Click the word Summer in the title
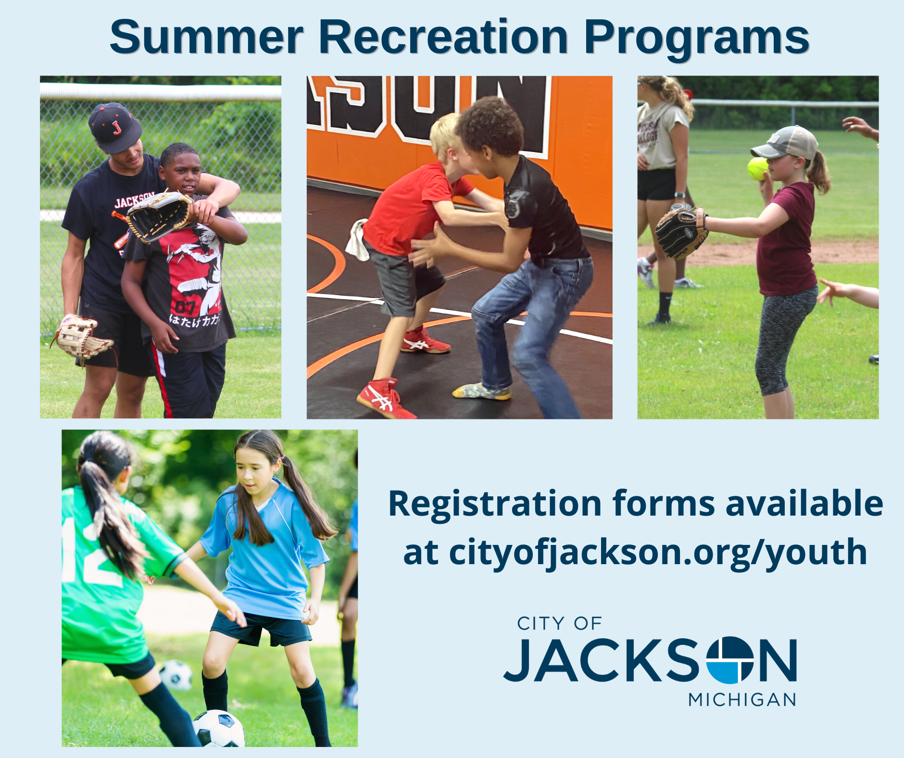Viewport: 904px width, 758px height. click(x=207, y=37)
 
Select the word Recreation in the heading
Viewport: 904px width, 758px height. click(x=443, y=37)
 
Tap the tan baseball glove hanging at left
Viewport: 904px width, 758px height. click(x=82, y=337)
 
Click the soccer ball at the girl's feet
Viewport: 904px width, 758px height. click(x=219, y=728)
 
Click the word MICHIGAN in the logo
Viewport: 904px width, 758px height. click(x=742, y=700)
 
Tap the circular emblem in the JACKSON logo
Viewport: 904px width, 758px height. click(x=729, y=660)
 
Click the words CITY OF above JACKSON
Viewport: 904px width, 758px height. click(x=559, y=624)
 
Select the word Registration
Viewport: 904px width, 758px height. click(x=495, y=504)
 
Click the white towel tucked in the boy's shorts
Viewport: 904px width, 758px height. click(x=357, y=239)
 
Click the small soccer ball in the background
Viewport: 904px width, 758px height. click(x=176, y=674)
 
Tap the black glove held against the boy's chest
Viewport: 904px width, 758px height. click(x=159, y=216)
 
